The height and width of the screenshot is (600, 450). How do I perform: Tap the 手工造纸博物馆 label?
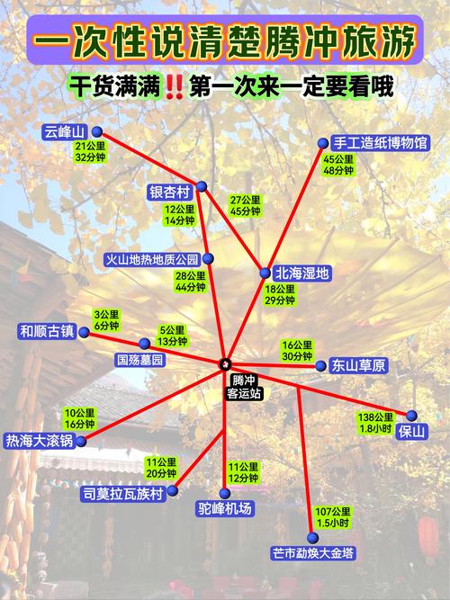point(380,142)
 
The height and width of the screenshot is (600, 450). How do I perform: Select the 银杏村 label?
point(170,192)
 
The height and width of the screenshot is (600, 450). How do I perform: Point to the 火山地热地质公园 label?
point(151,260)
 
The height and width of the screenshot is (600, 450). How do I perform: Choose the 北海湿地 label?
point(302,273)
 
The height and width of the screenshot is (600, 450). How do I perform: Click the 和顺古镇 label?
point(46,331)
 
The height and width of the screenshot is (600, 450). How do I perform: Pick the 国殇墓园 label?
point(140,359)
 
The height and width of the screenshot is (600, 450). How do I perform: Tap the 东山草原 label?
point(358,365)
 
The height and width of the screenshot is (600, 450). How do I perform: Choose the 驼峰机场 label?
point(225,508)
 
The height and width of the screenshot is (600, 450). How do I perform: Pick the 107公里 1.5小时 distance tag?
point(334,516)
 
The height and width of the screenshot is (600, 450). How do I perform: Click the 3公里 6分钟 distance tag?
point(106,320)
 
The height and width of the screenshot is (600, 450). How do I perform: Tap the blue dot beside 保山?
point(411,415)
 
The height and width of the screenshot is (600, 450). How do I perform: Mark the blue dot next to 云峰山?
point(96,132)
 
